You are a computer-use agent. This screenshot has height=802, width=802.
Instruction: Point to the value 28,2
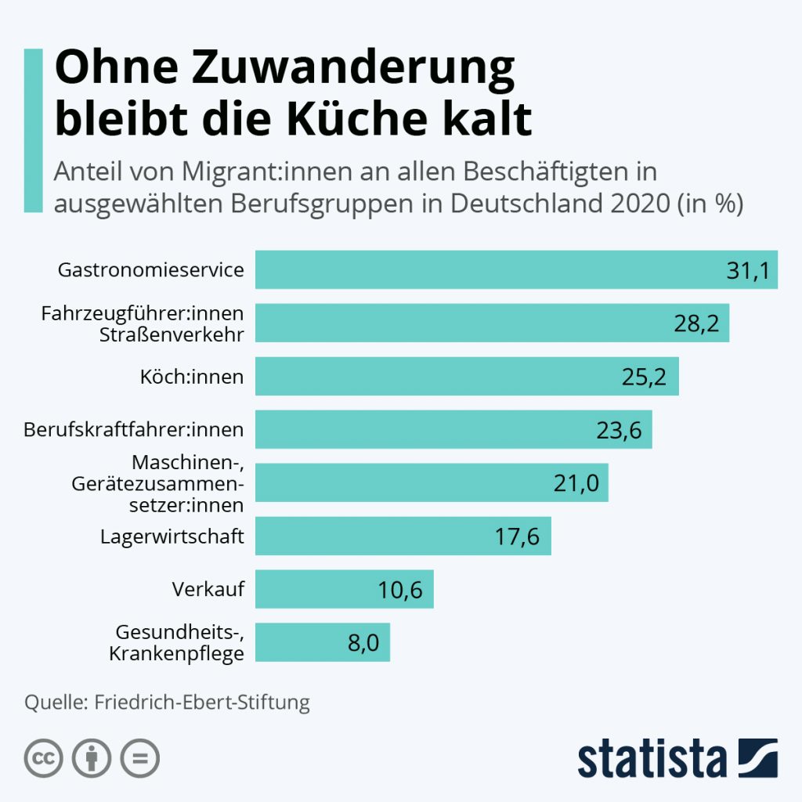point(696,323)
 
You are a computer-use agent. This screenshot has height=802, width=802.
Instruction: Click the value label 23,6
point(620,430)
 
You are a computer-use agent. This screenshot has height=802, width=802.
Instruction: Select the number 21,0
point(576,483)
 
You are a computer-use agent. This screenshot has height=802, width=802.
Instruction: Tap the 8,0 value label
point(363,643)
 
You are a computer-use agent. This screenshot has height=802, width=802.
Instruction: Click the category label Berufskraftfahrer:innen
point(134,429)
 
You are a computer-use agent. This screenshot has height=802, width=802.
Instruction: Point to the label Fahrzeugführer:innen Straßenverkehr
point(143,323)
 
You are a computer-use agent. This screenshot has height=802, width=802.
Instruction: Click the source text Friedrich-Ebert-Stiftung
point(202,701)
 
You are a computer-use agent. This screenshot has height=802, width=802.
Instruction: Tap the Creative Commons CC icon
point(44,758)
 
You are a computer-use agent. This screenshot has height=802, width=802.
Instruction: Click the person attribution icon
point(92,758)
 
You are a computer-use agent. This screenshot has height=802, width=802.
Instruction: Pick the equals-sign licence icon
point(139,758)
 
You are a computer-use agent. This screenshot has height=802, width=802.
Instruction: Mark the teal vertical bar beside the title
point(33,130)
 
